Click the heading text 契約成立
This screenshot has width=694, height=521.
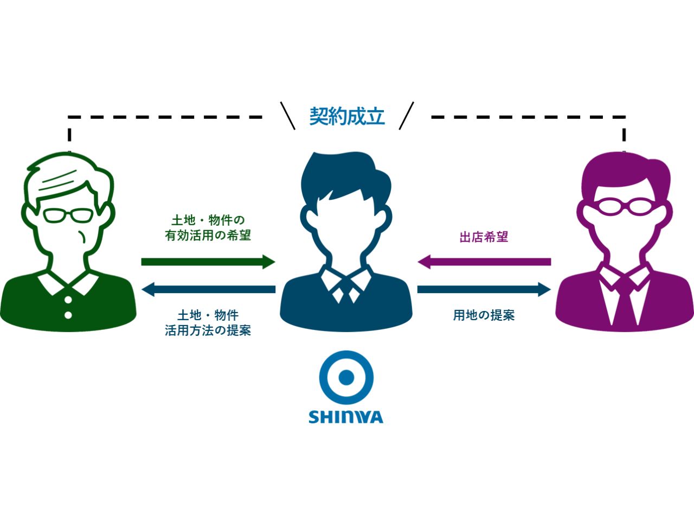tap(347, 116)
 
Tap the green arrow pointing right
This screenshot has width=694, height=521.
tap(208, 262)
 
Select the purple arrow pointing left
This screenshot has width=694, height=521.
tap(484, 262)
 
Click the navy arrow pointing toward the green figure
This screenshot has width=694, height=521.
tap(208, 289)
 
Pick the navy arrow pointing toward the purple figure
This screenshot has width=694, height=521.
tap(484, 289)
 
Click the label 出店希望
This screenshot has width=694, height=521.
tap(484, 237)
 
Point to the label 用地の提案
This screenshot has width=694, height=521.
tap(484, 315)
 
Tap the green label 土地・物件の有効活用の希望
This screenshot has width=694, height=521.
tap(208, 228)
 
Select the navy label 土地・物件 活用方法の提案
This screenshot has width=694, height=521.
tap(208, 323)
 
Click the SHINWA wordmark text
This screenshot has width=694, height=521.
tap(346, 417)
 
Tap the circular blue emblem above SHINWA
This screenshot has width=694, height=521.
tap(346, 377)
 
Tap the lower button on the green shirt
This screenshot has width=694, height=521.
tap(68, 315)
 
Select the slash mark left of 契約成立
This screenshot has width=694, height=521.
tap(287, 116)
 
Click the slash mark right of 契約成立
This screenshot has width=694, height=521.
tap(406, 116)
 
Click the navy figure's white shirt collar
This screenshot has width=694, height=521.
tap(345, 282)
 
